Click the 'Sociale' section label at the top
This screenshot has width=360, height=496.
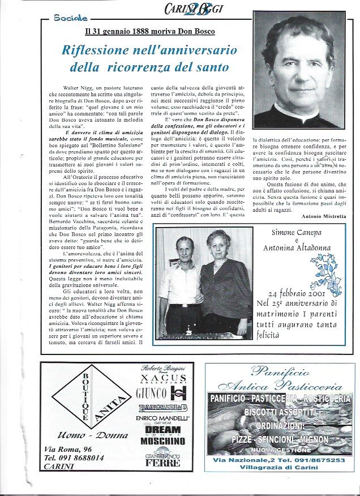pyautogui.click(x=71, y=18)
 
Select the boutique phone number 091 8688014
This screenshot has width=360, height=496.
pyautogui.click(x=74, y=457)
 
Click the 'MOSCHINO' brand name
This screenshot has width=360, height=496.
pyautogui.click(x=162, y=441)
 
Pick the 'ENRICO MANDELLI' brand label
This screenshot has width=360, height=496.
pyautogui.click(x=163, y=418)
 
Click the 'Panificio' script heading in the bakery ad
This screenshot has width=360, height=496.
pyautogui.click(x=281, y=372)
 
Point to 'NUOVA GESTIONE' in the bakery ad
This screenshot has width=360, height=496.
pyautogui.click(x=281, y=450)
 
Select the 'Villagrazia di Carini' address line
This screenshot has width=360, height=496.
pyautogui.click(x=281, y=468)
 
